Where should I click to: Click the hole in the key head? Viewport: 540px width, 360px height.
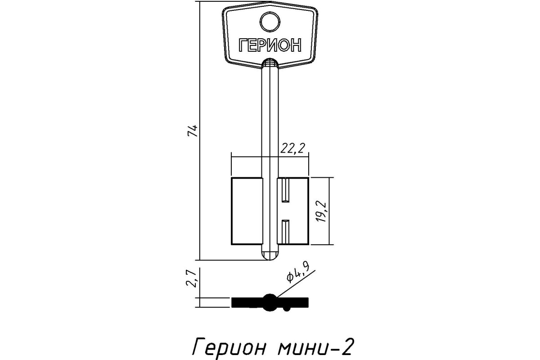coord(270,22)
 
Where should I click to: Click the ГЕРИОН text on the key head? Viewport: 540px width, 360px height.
coord(270,45)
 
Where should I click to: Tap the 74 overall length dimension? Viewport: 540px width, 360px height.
coord(193,130)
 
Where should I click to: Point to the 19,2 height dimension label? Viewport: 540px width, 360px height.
coord(321,211)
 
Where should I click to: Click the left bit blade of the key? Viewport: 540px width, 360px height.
coord(247,211)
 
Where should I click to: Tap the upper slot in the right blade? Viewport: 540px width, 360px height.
coord(286,190)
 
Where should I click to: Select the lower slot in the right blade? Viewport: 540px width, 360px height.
coord(286,232)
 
